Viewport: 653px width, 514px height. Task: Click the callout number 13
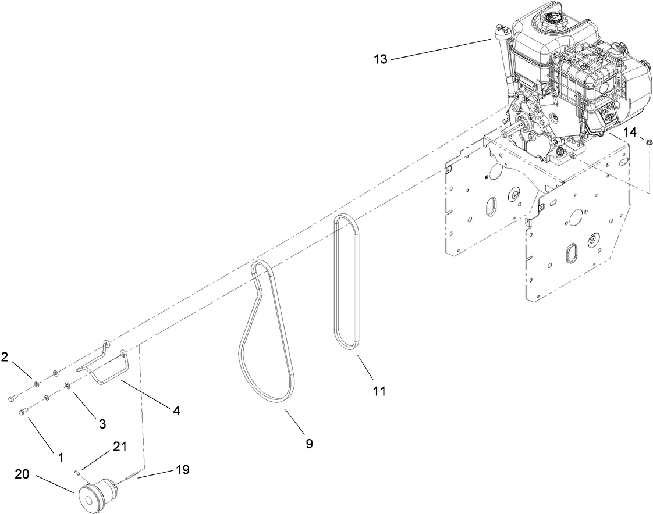click(381, 59)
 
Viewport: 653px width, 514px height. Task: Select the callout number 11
click(379, 391)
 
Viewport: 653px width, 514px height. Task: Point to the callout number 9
click(309, 444)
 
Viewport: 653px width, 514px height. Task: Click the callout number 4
click(176, 411)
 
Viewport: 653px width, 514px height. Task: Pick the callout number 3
click(102, 424)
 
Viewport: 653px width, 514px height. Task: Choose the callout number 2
click(5, 357)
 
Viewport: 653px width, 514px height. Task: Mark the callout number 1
click(60, 458)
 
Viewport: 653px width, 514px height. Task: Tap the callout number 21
click(119, 447)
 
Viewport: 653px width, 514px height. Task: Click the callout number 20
click(22, 474)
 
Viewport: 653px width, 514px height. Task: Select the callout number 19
click(183, 470)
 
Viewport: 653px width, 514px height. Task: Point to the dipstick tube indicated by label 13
click(502, 58)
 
